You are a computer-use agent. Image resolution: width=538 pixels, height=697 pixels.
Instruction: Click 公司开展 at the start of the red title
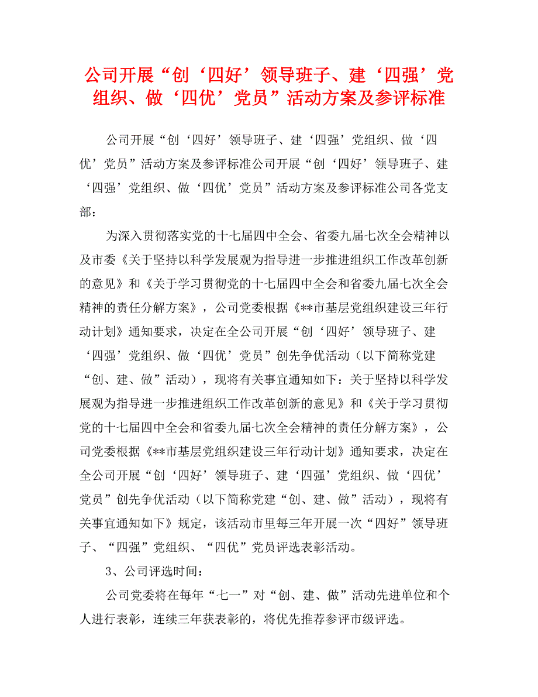coord(119,76)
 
